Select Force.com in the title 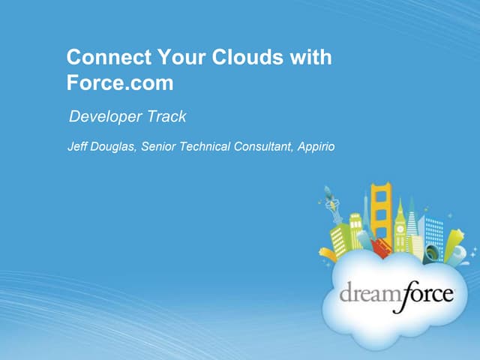[120, 82]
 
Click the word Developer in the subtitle [105, 117]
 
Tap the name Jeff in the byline [79, 146]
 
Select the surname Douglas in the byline [114, 146]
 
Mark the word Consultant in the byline [261, 146]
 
